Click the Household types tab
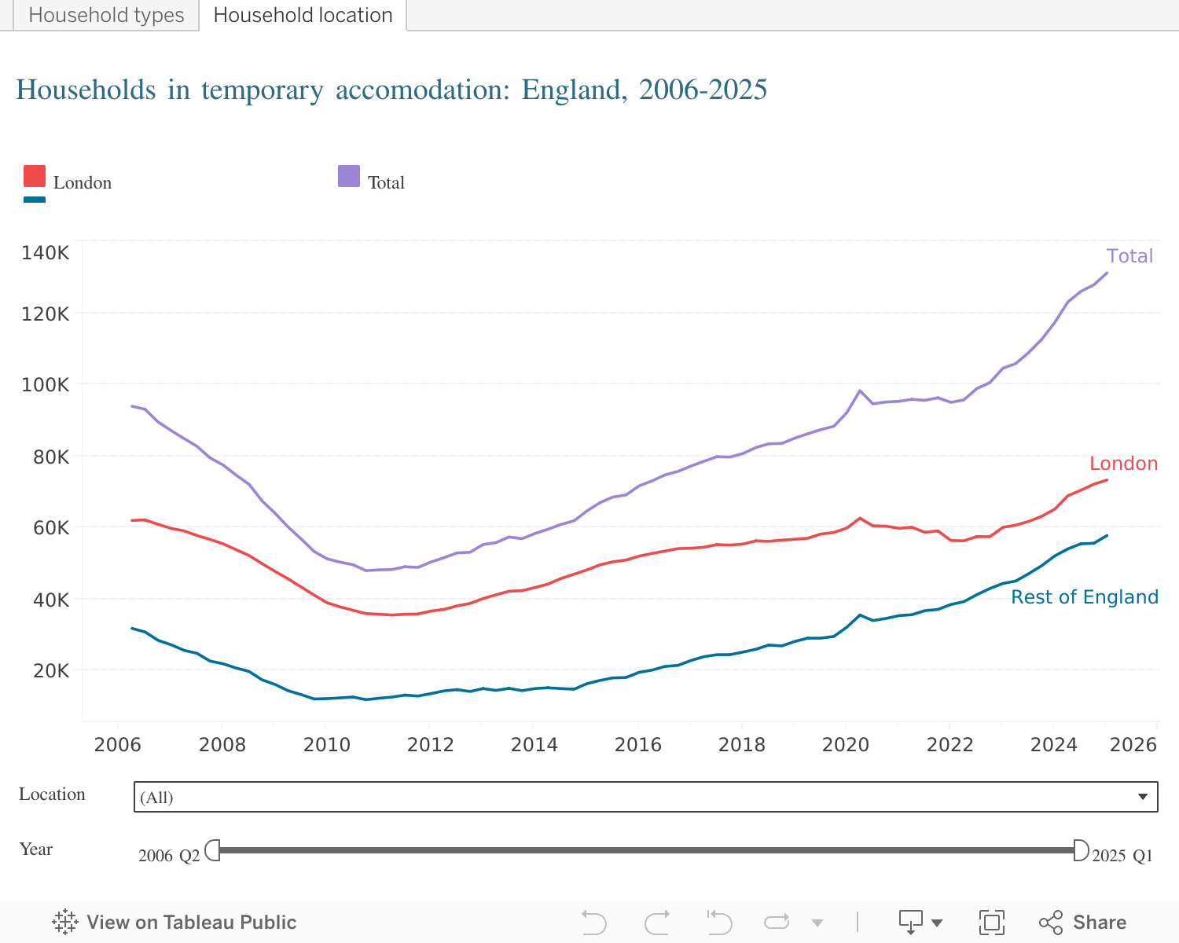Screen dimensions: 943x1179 [106, 16]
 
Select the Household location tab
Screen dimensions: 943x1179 [303, 16]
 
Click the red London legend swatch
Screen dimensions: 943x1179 [35, 176]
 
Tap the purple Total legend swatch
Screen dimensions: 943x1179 [349, 176]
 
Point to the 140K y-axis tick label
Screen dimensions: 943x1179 [46, 253]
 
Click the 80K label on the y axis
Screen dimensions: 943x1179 [51, 457]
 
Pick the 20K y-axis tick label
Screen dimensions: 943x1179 [51, 671]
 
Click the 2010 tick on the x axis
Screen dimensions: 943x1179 [326, 745]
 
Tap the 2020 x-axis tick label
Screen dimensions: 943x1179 [846, 745]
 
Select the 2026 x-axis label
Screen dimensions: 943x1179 [1133, 745]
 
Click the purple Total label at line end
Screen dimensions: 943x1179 [1129, 256]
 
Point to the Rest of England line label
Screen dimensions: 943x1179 [1085, 597]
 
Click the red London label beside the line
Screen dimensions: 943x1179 [1123, 464]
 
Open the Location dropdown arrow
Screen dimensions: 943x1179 [1143, 797]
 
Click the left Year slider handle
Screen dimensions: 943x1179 [213, 850]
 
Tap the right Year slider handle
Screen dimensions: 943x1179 [1081, 850]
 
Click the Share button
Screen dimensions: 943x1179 [1083, 923]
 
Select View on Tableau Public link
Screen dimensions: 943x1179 [174, 923]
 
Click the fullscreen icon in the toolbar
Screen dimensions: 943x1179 [991, 923]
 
